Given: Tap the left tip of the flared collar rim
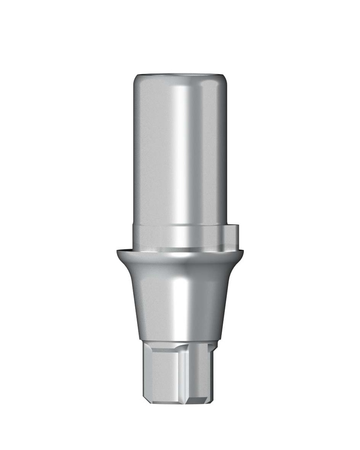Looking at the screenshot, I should [x=118, y=252].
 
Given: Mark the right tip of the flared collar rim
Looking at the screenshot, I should [x=243, y=252].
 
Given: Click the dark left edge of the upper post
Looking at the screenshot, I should [x=135, y=154].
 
